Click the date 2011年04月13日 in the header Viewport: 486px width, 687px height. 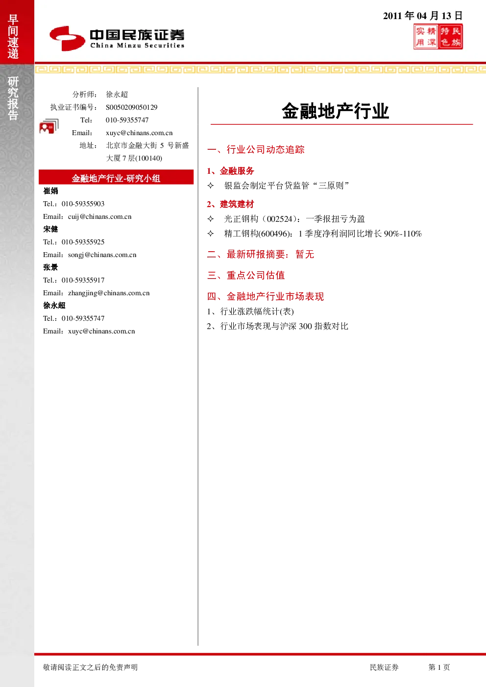click(422, 16)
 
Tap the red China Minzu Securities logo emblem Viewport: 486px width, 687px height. click(67, 38)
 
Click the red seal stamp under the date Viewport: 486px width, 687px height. click(438, 37)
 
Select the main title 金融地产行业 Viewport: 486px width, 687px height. click(336, 111)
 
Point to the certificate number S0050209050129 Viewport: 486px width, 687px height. click(132, 107)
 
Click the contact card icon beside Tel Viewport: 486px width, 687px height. click(49, 126)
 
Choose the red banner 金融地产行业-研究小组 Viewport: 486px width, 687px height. click(116, 177)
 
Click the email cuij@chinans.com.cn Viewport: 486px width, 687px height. click(100, 217)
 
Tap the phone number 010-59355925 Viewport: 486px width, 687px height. click(83, 242)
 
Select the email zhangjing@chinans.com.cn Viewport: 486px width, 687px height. click(109, 293)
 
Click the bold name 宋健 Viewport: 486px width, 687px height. click(50, 229)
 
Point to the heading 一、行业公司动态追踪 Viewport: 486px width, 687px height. click(256, 150)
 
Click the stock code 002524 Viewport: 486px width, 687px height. click(280, 219)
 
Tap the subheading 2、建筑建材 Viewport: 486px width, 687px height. click(230, 204)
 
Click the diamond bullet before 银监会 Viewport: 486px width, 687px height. click(211, 186)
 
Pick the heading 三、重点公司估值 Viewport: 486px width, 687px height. click(246, 275)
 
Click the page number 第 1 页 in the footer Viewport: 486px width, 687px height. click(439, 667)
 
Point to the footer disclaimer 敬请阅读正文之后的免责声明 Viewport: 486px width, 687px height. click(90, 667)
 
